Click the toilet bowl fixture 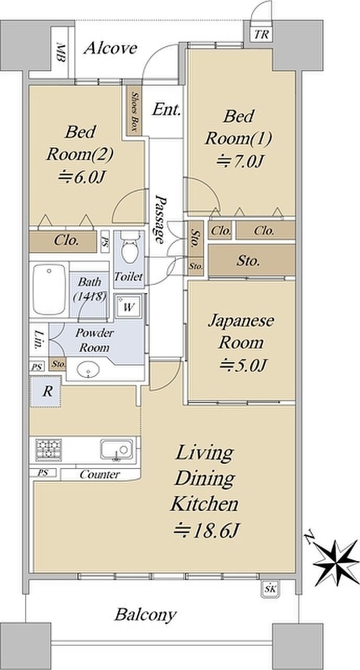click(129, 250)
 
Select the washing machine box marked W click(128, 307)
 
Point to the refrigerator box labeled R click(46, 392)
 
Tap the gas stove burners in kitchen click(49, 449)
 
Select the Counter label click(99, 475)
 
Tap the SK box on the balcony click(271, 589)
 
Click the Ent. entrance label click(167, 110)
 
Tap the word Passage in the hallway click(161, 219)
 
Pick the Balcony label click(146, 614)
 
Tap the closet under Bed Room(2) click(66, 241)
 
